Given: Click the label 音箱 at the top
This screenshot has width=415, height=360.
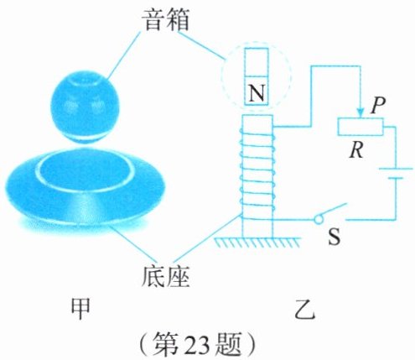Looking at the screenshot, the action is tap(167, 20).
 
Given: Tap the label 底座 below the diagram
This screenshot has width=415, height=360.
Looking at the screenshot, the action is tap(166, 276).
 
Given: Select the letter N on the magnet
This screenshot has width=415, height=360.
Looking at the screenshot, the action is tap(257, 93).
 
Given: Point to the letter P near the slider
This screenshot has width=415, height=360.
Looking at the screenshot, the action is tap(377, 106).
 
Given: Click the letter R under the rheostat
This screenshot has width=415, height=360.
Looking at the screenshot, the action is tap(357, 150).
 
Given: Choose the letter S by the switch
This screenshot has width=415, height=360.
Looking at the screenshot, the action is tap(335, 237).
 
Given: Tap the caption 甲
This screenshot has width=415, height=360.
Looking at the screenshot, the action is tap(80, 310).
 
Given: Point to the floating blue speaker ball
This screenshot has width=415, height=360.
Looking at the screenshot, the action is tap(85, 107).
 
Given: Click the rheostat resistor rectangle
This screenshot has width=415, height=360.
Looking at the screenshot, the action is tap(361, 127).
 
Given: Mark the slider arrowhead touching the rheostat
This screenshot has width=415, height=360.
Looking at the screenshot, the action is tap(361, 113).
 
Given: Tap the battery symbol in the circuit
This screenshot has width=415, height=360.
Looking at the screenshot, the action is tap(396, 173).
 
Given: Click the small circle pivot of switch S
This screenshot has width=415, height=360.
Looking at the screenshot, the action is tap(318, 220).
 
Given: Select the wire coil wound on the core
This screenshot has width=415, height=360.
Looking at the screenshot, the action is tap(257, 171).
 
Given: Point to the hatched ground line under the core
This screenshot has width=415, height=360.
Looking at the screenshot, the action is tap(257, 243).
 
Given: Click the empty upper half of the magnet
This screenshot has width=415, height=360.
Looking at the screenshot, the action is tap(257, 62).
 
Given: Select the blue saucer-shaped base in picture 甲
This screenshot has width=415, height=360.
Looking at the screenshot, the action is tap(85, 188).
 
